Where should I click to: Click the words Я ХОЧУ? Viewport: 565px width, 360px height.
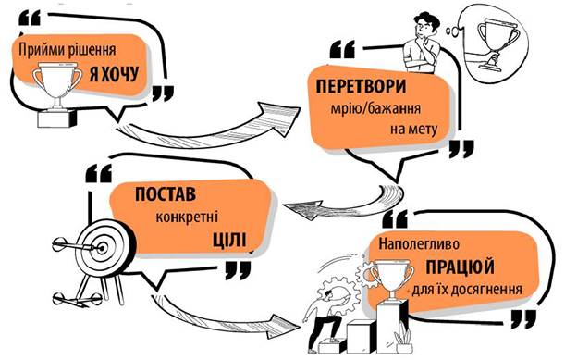click(x=114, y=74)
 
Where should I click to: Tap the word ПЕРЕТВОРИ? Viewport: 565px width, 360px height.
click(x=361, y=87)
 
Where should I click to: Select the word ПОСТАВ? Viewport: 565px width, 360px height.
click(x=166, y=194)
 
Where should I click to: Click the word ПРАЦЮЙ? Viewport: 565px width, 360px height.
click(x=461, y=267)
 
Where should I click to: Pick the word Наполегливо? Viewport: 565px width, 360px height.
click(x=419, y=243)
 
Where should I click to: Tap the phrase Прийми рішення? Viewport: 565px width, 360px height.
click(x=67, y=50)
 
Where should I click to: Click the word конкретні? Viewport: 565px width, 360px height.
click(x=187, y=217)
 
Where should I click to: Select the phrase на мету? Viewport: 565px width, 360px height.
click(x=413, y=129)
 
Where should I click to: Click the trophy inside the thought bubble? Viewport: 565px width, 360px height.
click(x=498, y=44)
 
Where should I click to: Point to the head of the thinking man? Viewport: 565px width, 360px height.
click(x=425, y=25)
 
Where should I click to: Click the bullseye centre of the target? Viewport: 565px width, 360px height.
click(x=103, y=248)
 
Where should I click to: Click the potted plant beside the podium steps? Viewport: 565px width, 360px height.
click(x=403, y=338)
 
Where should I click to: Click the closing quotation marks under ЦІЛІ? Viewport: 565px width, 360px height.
click(x=238, y=270)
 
